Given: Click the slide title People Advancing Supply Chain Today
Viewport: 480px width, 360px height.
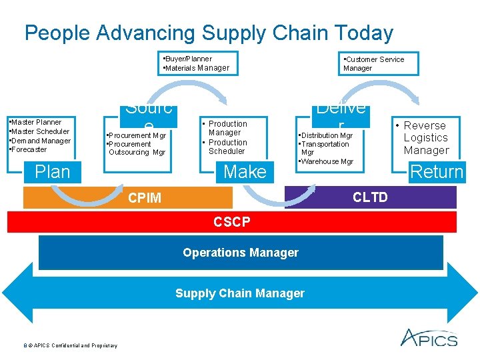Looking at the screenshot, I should [209, 33].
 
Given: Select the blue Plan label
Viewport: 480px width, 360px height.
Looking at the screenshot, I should [52, 172].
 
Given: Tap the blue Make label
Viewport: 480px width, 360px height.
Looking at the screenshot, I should [245, 172].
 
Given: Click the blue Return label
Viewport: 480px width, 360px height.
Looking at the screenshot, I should [437, 172].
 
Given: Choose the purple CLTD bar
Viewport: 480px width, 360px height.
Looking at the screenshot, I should [370, 197].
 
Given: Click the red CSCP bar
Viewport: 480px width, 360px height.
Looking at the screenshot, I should [232, 222].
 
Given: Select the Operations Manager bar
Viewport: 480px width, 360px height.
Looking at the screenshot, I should [241, 253].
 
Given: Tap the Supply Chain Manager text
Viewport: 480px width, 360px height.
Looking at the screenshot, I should [240, 293].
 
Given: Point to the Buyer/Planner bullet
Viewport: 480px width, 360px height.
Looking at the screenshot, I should [188, 59].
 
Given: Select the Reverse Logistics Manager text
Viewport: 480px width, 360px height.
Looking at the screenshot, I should [426, 138].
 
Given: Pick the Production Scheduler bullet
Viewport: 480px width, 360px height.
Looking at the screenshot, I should [227, 147].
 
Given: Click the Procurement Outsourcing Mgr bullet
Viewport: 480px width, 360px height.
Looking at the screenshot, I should [136, 148].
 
